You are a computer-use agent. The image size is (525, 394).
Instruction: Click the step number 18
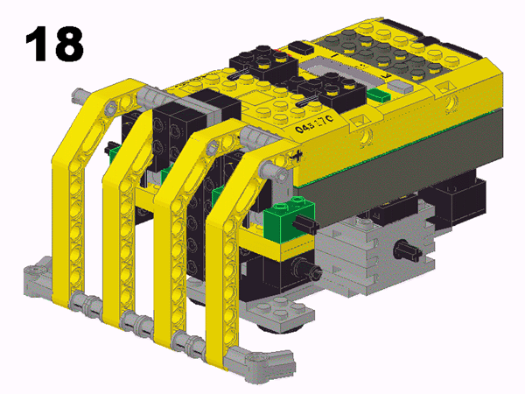click(x=54, y=43)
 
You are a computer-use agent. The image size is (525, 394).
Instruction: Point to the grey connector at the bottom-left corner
click(x=37, y=278)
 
